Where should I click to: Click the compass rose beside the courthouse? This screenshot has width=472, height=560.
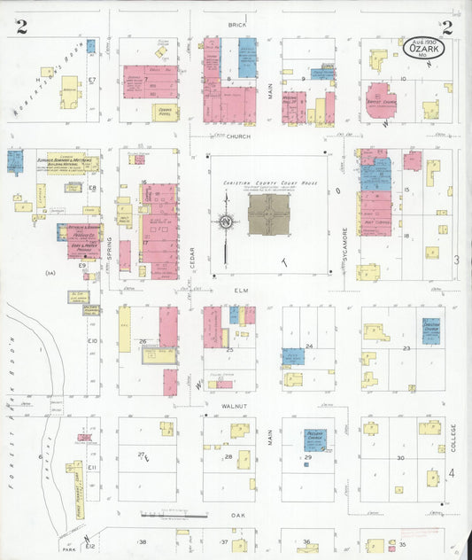click(227, 221)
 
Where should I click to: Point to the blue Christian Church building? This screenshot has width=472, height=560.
click(431, 331)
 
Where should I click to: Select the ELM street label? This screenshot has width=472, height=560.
click(236, 288)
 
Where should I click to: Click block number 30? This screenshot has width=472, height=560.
click(400, 457)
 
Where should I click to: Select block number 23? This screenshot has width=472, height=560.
click(406, 349)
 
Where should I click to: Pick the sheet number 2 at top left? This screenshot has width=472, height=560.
click(20, 27)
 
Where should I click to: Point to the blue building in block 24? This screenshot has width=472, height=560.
click(293, 357)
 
